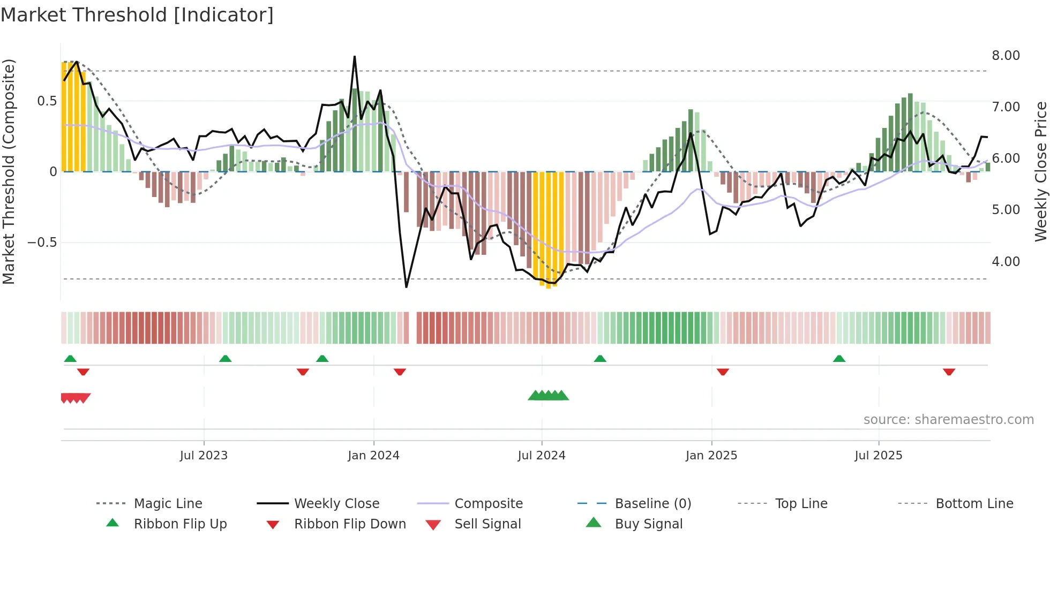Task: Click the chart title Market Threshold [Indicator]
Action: tap(137, 15)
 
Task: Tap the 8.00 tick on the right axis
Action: tap(1006, 56)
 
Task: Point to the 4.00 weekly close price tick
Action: tap(1006, 262)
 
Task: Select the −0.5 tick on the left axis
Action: tap(42, 243)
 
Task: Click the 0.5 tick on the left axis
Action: tap(47, 101)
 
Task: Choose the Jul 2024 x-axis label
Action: tap(541, 456)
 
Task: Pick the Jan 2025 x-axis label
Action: tap(711, 456)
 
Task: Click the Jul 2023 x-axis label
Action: tap(204, 456)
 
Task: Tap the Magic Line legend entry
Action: tap(168, 504)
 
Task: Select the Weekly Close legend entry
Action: tap(336, 504)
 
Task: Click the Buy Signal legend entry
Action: tap(648, 524)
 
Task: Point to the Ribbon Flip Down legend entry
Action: tap(350, 524)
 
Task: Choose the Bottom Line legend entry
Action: tap(974, 504)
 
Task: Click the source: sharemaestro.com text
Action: tap(948, 420)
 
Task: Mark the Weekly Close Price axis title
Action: tap(1040, 171)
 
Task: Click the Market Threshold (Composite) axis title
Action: tap(9, 171)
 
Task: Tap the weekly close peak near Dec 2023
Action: tap(355, 57)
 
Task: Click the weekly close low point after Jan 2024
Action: tap(407, 287)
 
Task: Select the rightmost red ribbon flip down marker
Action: tap(949, 372)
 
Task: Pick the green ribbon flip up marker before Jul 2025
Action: tap(839, 359)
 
